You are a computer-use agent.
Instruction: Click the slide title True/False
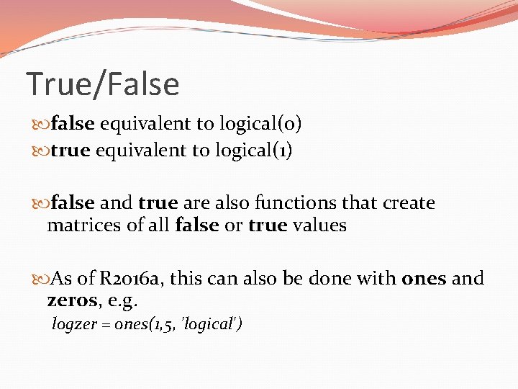coord(102,84)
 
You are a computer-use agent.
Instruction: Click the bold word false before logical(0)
coord(73,124)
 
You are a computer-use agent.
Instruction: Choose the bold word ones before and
coord(424,278)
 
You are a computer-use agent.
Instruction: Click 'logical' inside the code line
coord(213,325)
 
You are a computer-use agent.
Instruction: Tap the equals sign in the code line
coord(101,326)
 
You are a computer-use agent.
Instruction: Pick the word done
coord(335,278)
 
